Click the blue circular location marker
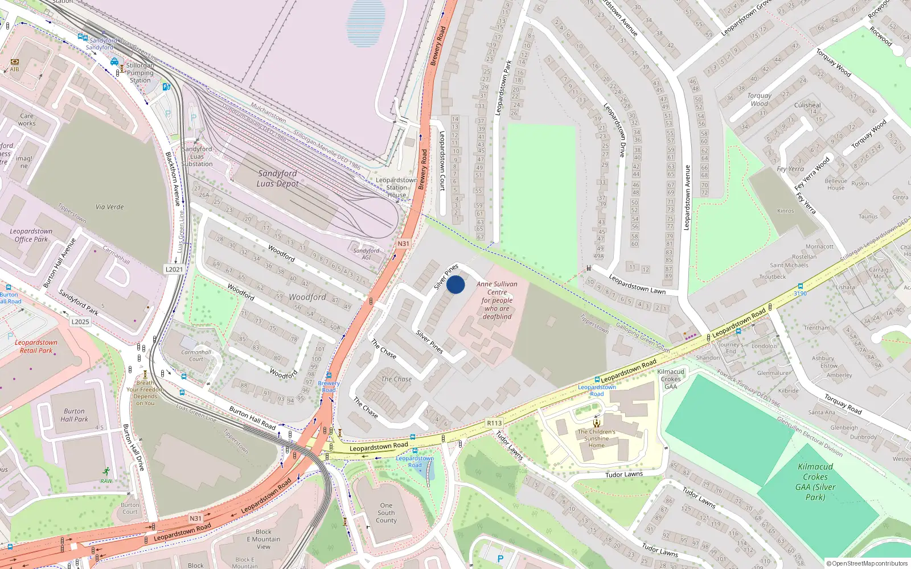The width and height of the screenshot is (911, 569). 455,284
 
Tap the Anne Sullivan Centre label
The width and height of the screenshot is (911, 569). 497,300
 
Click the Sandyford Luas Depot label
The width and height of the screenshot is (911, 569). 277,178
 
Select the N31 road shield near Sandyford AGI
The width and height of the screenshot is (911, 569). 403,244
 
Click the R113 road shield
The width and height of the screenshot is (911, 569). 494,423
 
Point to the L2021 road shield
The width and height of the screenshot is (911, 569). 174,269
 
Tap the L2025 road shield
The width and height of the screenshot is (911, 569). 80,321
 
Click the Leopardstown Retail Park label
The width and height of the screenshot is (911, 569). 36,347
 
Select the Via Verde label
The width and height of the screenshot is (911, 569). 110,207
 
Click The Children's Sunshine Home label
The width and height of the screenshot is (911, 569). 596,438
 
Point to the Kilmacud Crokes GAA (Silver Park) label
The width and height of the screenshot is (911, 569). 815,481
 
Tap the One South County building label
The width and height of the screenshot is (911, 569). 386,513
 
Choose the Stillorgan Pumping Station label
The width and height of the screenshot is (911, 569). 140,73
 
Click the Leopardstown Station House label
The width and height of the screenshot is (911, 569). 396,187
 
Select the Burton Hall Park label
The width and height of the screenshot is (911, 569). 74,415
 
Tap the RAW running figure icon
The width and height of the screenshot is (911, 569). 106,471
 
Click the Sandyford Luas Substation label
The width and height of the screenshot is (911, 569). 197,156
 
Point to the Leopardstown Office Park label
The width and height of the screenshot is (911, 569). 31,236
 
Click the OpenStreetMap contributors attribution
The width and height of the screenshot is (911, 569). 867,563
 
